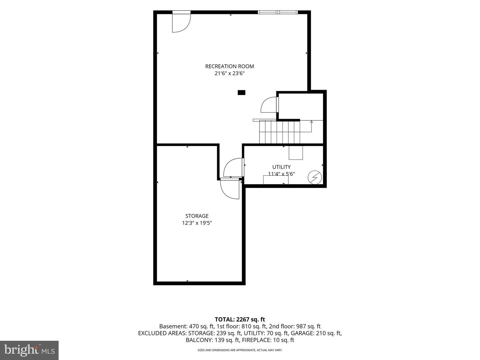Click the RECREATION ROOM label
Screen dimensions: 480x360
[229, 66]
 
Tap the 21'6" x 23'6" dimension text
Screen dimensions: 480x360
[229, 73]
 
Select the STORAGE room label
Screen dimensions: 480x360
[197, 216]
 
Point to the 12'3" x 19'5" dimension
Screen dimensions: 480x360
[197, 223]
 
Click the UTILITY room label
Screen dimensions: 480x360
[281, 167]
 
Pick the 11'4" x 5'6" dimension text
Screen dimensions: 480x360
[281, 174]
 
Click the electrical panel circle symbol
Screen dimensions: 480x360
[315, 177]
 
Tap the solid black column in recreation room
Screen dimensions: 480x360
[241, 93]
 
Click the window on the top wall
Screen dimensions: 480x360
[278, 12]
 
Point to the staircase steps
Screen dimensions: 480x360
[279, 132]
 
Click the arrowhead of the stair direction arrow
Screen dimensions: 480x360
[311, 122]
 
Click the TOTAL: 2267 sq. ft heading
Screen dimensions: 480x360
[240, 319]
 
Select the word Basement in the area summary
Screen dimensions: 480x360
[173, 326]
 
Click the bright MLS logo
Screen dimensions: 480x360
[29, 350]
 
